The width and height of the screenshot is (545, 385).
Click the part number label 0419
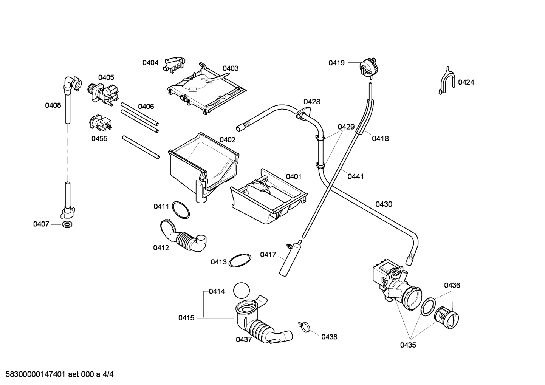[336, 63]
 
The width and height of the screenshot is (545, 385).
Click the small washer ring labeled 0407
[67, 224]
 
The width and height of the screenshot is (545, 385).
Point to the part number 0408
[53, 105]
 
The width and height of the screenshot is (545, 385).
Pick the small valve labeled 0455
[100, 123]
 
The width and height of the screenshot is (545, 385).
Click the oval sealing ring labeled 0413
[240, 261]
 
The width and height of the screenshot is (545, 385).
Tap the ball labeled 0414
[242, 291]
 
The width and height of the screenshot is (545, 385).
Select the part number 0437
[244, 339]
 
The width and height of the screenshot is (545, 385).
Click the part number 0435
[408, 345]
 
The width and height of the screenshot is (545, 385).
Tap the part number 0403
[230, 68]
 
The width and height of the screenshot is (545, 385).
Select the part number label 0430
[384, 204]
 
